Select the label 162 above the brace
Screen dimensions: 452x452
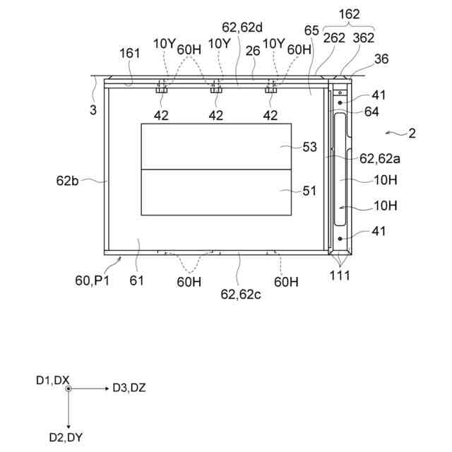point(350,13)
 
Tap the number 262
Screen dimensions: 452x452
point(334,39)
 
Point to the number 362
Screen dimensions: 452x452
point(363,39)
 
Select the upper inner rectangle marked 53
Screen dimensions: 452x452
point(215,147)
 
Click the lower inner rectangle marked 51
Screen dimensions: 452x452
point(215,192)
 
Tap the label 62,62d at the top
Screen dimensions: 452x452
point(242,28)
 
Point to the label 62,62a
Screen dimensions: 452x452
point(381,160)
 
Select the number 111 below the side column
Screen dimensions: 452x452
point(340,276)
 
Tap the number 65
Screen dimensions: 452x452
point(311,30)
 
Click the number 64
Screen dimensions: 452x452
point(371,111)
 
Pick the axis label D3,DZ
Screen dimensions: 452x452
point(129,387)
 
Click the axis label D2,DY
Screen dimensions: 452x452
point(66,437)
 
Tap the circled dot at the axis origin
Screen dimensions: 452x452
point(68,388)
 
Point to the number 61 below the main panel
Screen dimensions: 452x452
point(137,280)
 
